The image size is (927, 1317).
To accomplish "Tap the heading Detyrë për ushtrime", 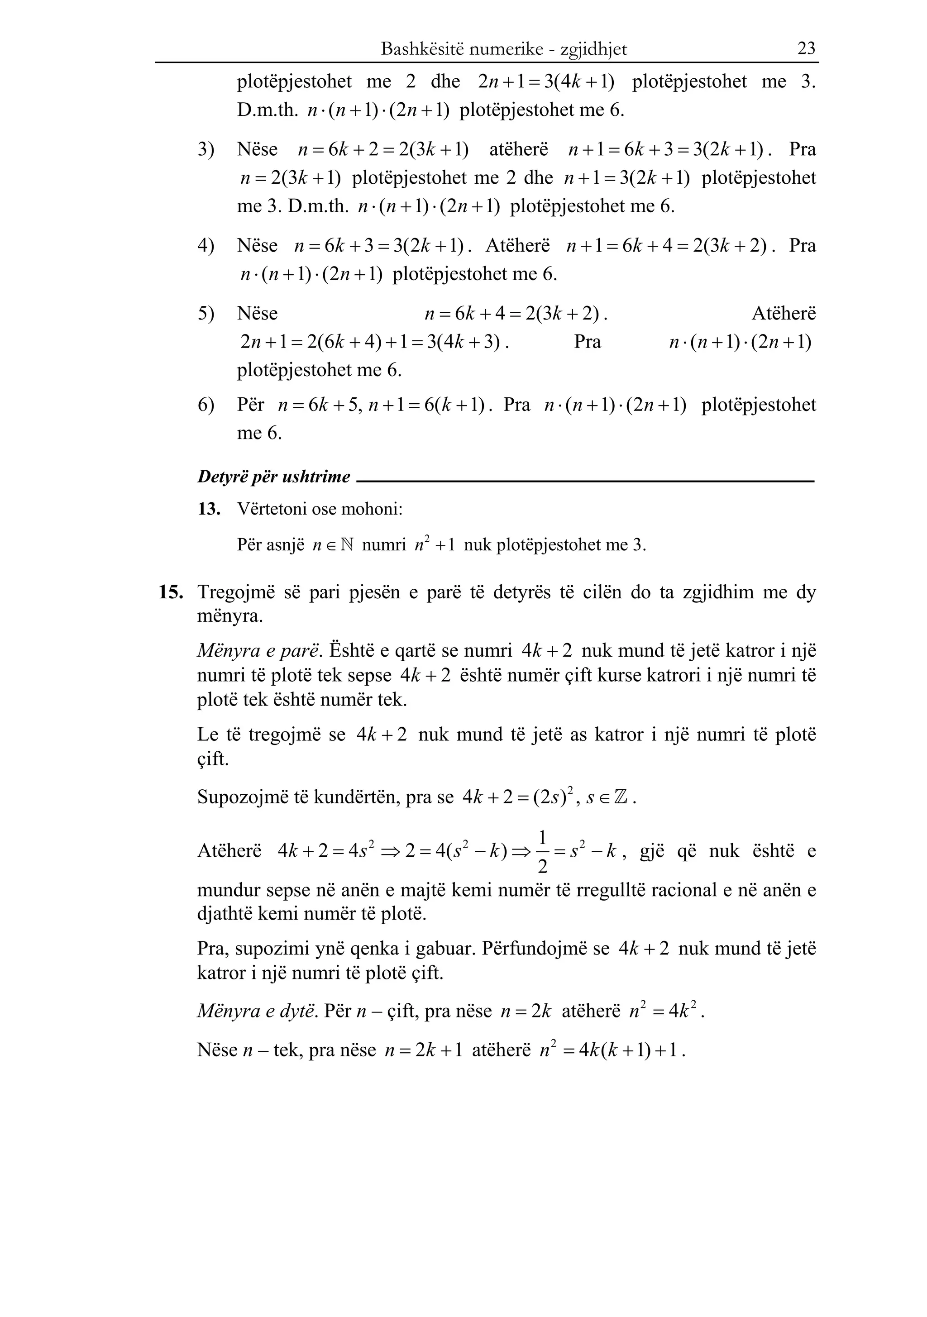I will [274, 477].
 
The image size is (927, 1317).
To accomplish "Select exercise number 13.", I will [209, 509].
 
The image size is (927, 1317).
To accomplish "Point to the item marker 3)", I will [206, 150].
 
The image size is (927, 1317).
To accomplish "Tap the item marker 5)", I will [206, 314].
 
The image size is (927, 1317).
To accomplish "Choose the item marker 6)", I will [206, 405].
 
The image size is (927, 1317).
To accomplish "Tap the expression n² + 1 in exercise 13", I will [434, 544].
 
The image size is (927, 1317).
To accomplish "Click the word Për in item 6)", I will [251, 405].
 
